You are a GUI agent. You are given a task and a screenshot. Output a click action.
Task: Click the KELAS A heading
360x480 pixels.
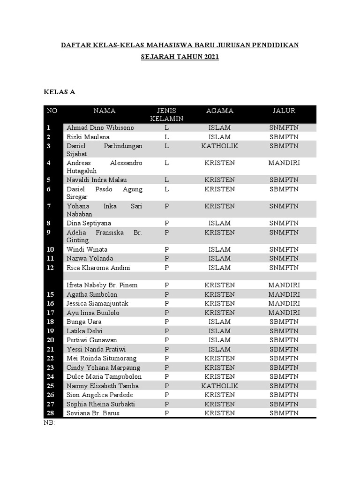pyautogui.click(x=60, y=92)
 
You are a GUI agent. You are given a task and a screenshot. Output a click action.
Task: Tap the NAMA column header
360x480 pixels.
pyautogui.click(x=105, y=111)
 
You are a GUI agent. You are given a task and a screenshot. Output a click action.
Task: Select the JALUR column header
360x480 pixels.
pyautogui.click(x=284, y=111)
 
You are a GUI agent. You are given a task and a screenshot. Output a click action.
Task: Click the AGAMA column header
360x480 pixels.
pyautogui.click(x=219, y=111)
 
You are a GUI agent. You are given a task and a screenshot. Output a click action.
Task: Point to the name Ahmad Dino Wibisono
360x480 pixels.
pyautogui.click(x=100, y=128)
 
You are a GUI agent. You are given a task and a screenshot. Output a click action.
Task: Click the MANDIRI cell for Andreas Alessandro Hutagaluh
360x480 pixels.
pyautogui.click(x=284, y=163)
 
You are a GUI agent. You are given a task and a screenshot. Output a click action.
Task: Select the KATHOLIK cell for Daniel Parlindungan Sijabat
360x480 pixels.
pyautogui.click(x=219, y=146)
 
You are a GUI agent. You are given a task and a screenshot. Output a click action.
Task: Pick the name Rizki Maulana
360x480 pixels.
pyautogui.click(x=88, y=137)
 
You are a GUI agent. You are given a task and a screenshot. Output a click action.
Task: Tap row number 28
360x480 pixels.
pyautogui.click(x=51, y=413)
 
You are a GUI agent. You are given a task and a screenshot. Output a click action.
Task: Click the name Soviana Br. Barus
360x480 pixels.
pyautogui.click(x=93, y=413)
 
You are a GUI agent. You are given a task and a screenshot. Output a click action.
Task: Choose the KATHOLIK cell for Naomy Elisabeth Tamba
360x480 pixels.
pyautogui.click(x=219, y=386)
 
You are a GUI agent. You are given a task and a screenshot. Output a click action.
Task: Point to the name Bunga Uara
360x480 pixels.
pyautogui.click(x=84, y=322)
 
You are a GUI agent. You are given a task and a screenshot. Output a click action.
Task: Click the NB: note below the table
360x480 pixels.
pyautogui.click(x=49, y=423)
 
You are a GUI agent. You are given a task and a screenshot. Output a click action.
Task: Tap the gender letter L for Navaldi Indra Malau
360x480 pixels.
pyautogui.click(x=166, y=180)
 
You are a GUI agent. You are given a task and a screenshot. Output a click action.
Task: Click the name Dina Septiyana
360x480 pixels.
pyautogui.click(x=89, y=223)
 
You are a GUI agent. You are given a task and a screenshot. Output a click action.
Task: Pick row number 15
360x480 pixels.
pyautogui.click(x=51, y=294)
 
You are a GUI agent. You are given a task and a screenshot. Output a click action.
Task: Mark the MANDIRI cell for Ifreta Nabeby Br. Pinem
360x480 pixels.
pyautogui.click(x=284, y=285)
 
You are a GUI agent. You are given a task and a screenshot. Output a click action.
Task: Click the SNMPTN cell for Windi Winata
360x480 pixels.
pyautogui.click(x=284, y=249)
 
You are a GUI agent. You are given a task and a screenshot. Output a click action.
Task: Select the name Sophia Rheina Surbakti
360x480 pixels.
pyautogui.click(x=100, y=404)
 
